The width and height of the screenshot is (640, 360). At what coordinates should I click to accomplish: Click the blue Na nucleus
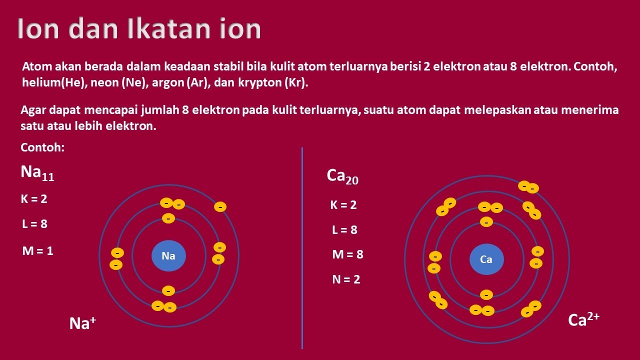click(x=168, y=256)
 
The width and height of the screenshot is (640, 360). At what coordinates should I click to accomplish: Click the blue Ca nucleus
click(x=486, y=259)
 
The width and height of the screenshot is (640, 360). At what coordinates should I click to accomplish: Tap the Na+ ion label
click(x=82, y=323)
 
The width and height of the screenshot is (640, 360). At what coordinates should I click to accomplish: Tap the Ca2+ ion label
click(x=583, y=319)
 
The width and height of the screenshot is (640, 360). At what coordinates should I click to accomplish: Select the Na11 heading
click(x=37, y=173)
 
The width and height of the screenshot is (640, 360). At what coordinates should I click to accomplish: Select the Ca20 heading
click(x=342, y=176)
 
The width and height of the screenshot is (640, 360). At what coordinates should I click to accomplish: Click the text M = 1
click(x=37, y=251)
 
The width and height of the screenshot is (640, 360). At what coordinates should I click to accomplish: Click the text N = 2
click(x=346, y=279)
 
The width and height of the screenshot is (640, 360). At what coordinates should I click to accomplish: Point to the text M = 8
click(x=347, y=254)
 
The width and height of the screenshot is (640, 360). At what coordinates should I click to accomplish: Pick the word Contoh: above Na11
click(x=43, y=148)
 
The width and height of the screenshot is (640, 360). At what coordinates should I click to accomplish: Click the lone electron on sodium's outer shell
click(x=220, y=206)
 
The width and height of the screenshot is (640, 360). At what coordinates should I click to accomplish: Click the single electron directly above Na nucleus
click(x=168, y=218)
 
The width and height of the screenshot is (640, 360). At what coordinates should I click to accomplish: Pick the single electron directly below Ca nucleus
click(x=486, y=295)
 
